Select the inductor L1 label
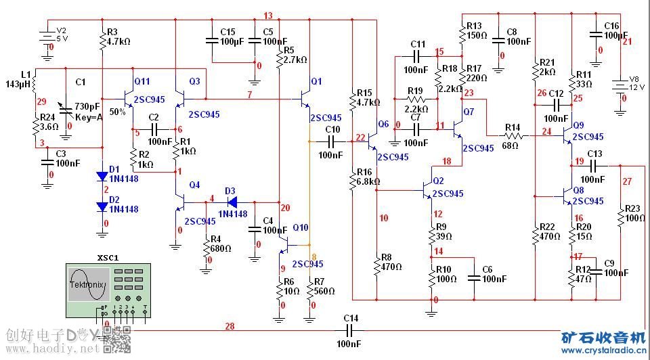(x=26, y=74)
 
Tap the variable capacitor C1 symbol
(x=66, y=107)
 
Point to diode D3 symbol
(x=230, y=202)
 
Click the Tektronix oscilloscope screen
(x=87, y=285)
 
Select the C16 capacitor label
(x=611, y=25)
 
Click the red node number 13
(x=268, y=16)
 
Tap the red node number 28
(x=230, y=327)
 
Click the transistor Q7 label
(x=469, y=111)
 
